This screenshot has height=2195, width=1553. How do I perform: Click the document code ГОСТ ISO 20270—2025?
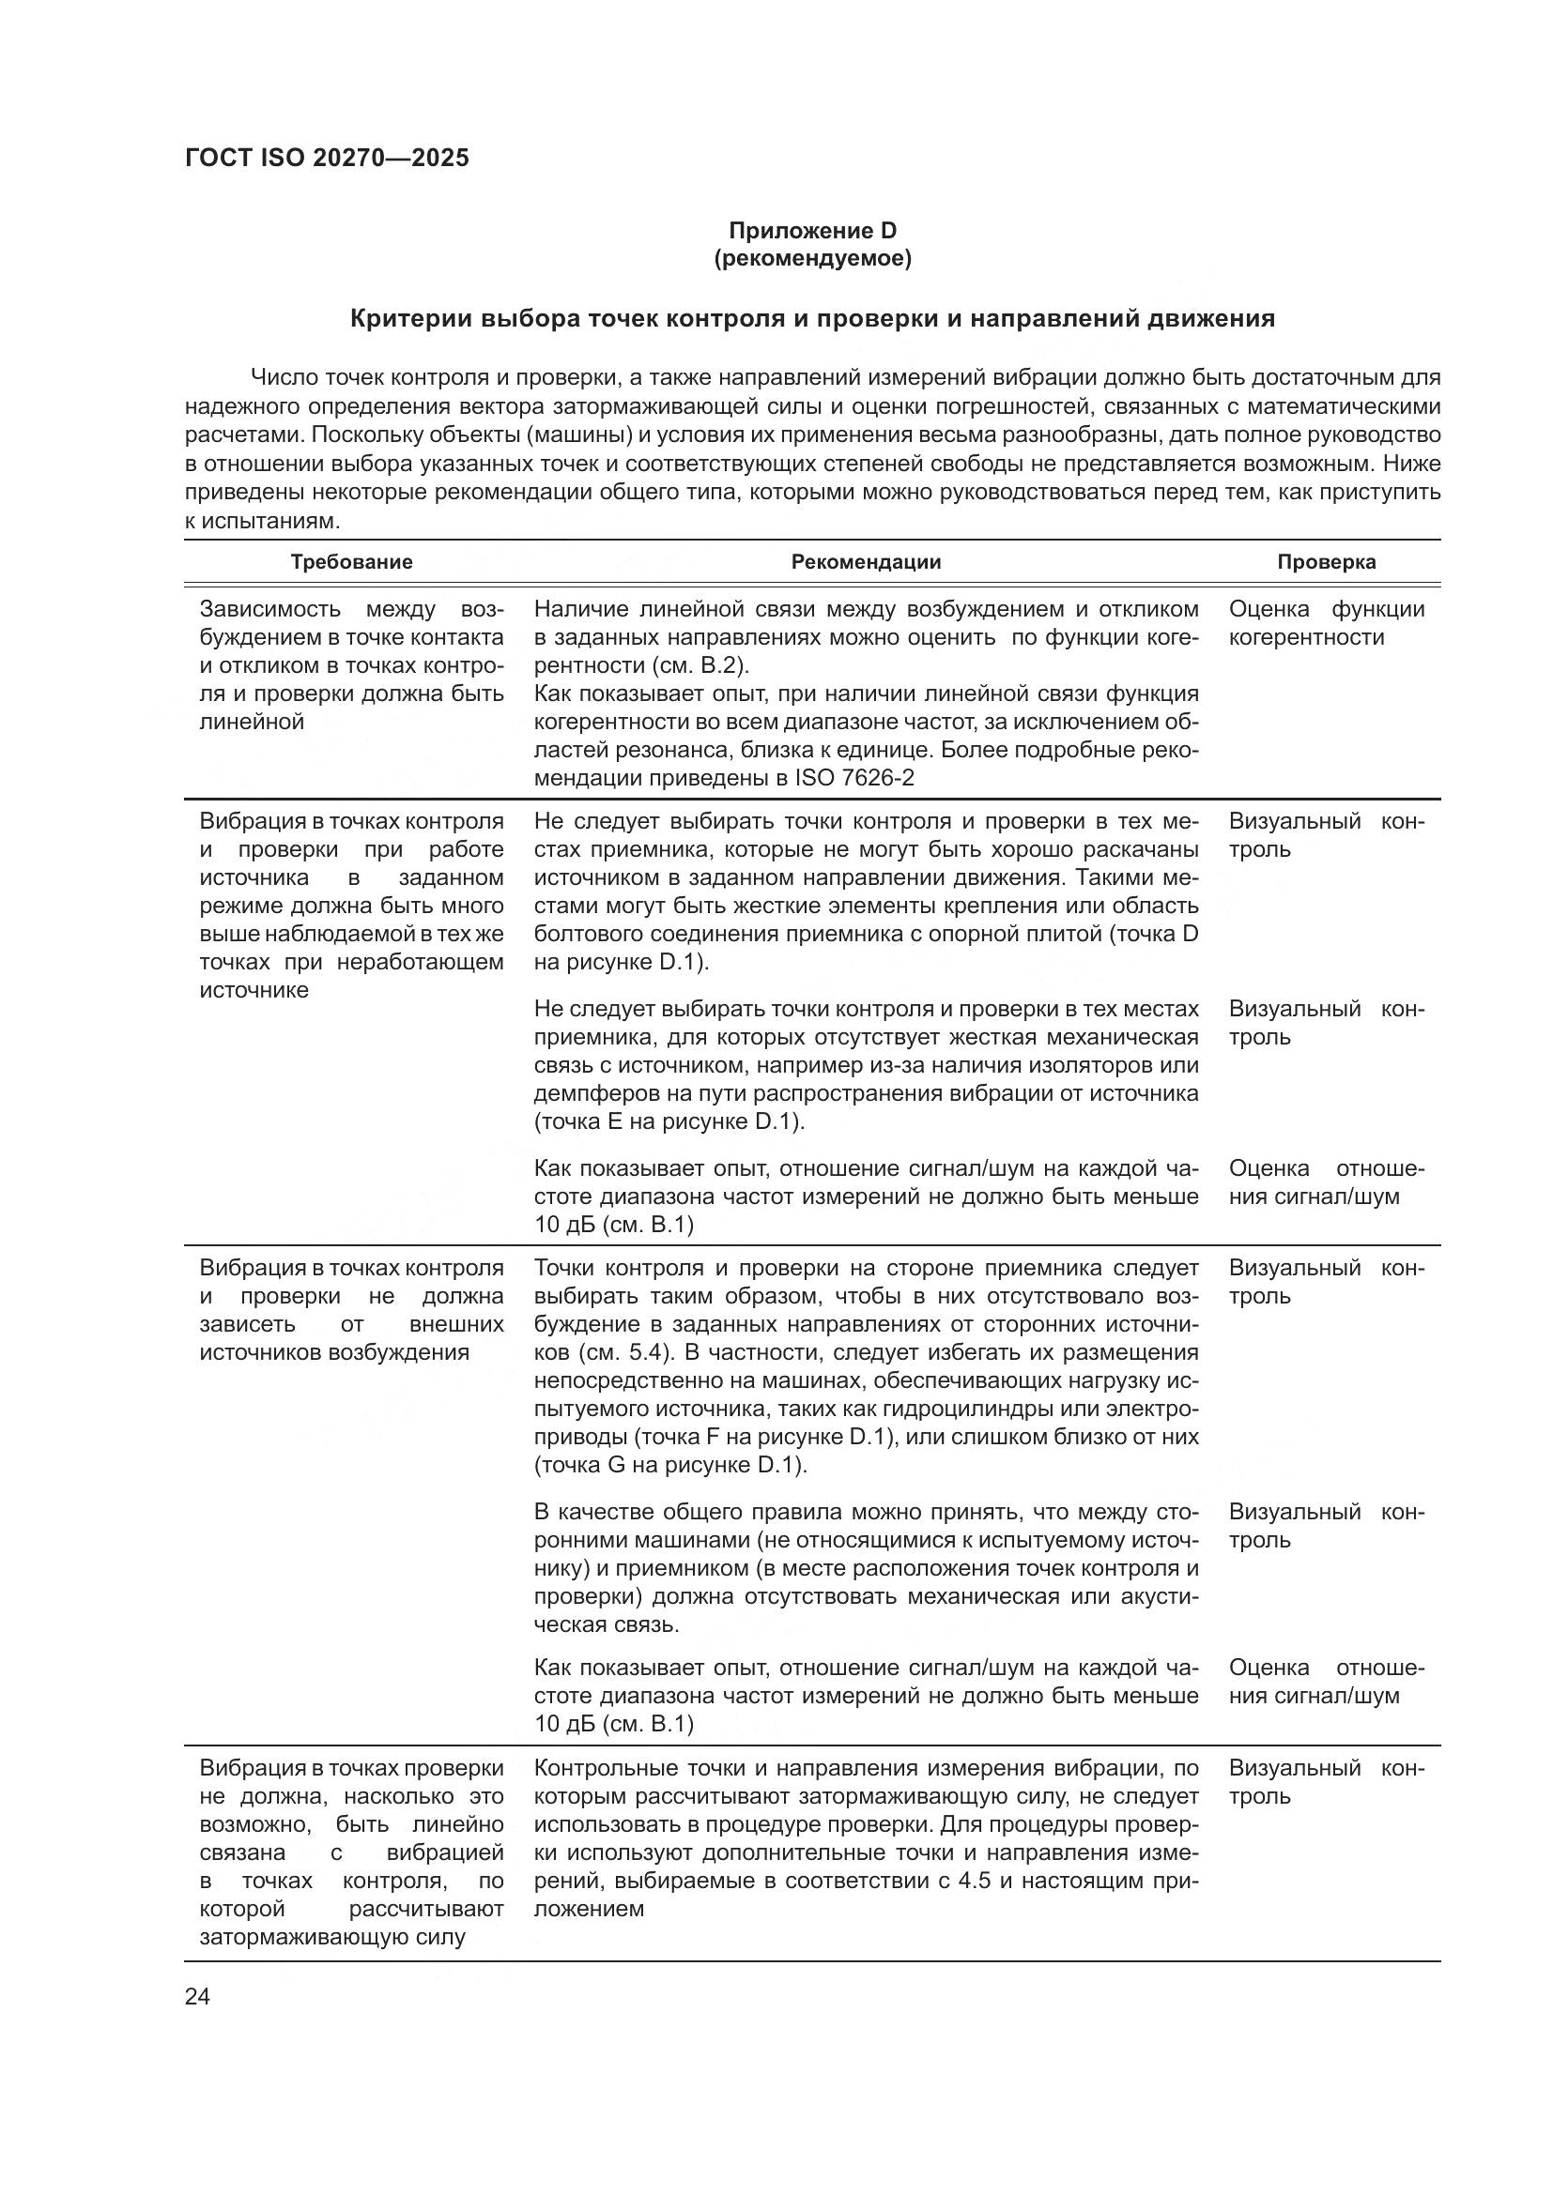327,159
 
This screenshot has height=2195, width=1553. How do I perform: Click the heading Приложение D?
813,231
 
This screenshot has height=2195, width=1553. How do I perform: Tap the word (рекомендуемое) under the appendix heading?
813,258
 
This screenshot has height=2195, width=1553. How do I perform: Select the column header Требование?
351,562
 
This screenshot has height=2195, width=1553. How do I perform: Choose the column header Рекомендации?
866,562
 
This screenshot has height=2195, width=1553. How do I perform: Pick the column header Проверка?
1327,562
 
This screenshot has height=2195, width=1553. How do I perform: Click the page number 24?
197,1996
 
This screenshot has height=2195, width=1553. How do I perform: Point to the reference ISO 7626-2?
853,778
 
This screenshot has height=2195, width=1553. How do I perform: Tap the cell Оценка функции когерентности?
1326,623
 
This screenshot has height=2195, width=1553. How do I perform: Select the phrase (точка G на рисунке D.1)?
669,1465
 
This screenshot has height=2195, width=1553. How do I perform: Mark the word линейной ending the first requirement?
252,722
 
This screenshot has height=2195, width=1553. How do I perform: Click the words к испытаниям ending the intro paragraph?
262,522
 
